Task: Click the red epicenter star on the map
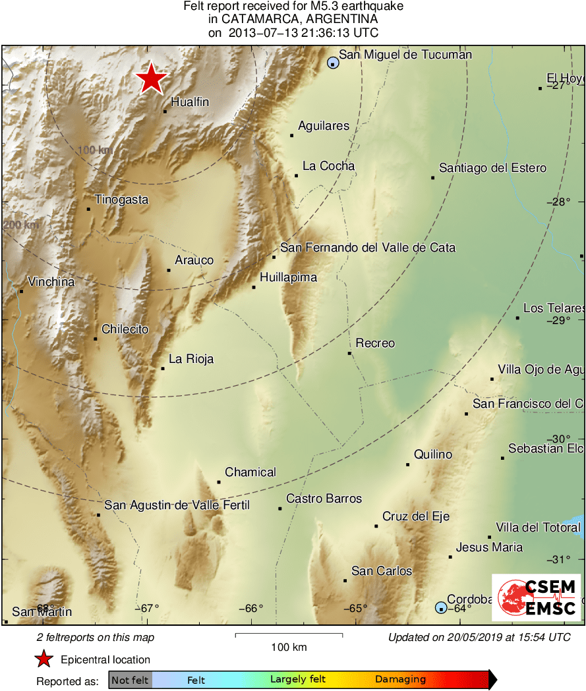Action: (x=152, y=78)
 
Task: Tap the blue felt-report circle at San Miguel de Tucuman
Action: (x=333, y=63)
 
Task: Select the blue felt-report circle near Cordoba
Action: (x=441, y=607)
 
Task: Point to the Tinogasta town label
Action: (x=121, y=200)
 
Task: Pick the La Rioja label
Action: (x=191, y=359)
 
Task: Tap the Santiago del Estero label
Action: (x=492, y=168)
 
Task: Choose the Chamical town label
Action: (x=250, y=472)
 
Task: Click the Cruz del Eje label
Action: (x=416, y=516)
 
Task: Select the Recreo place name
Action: (x=375, y=343)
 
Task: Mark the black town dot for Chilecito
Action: (x=96, y=339)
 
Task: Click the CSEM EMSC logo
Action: (x=536, y=597)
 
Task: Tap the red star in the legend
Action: (x=44, y=659)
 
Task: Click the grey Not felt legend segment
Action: (x=130, y=680)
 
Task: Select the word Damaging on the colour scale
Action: (x=400, y=680)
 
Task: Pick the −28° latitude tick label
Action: (x=558, y=202)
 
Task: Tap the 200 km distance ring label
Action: (x=20, y=225)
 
